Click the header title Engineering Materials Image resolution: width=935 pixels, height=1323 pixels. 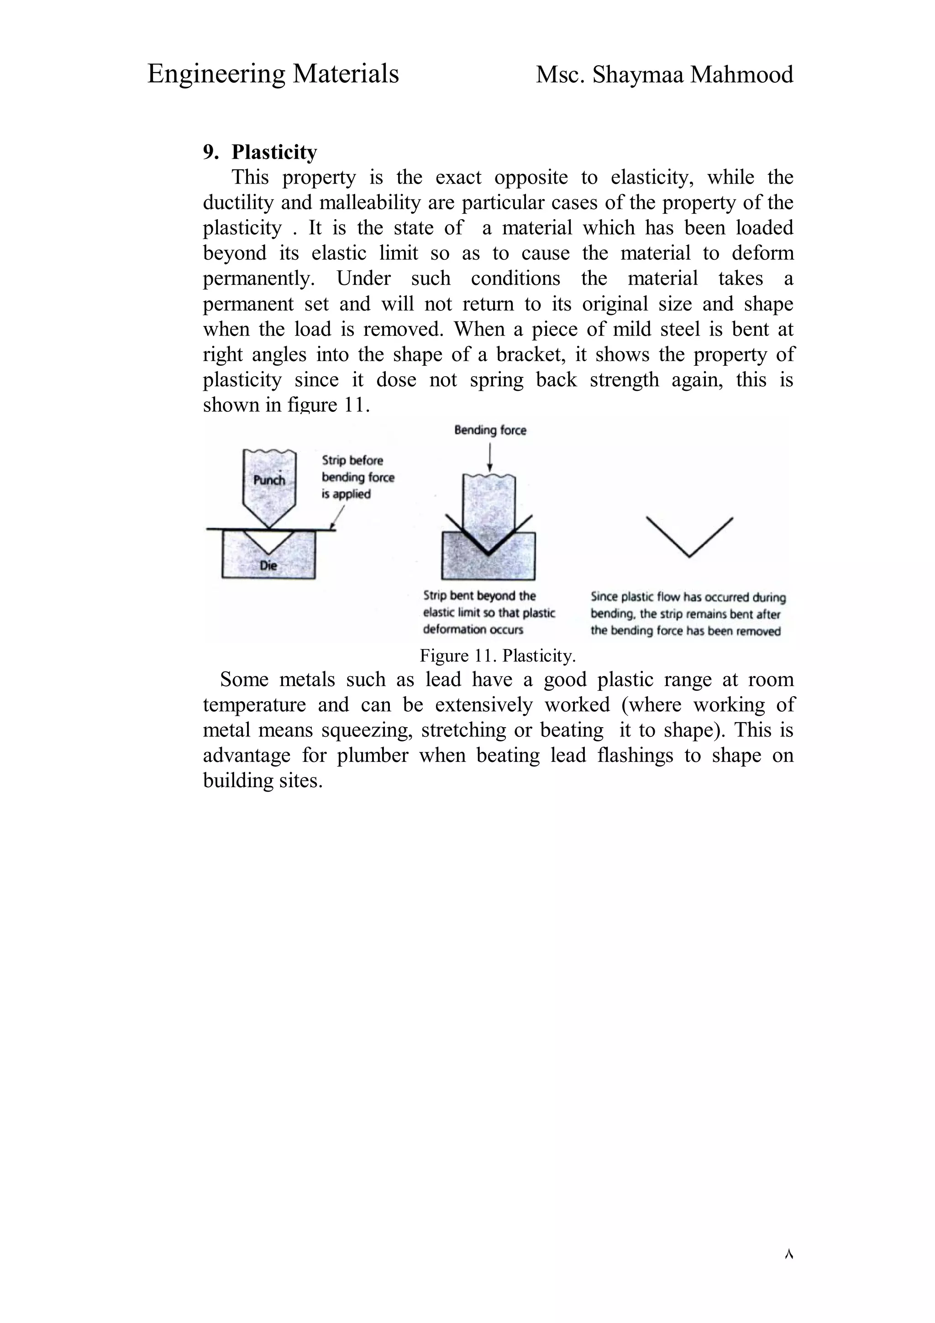[x=273, y=74]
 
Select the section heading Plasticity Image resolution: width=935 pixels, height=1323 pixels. [x=274, y=152]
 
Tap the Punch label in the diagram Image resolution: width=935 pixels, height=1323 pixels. [x=269, y=480]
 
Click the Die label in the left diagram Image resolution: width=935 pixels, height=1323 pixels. [x=268, y=565]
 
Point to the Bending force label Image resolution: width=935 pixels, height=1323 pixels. [x=490, y=430]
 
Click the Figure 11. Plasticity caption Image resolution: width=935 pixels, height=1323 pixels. [x=498, y=656]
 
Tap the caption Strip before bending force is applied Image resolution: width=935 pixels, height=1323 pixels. [x=357, y=477]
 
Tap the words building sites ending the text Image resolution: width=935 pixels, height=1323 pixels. [x=262, y=781]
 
